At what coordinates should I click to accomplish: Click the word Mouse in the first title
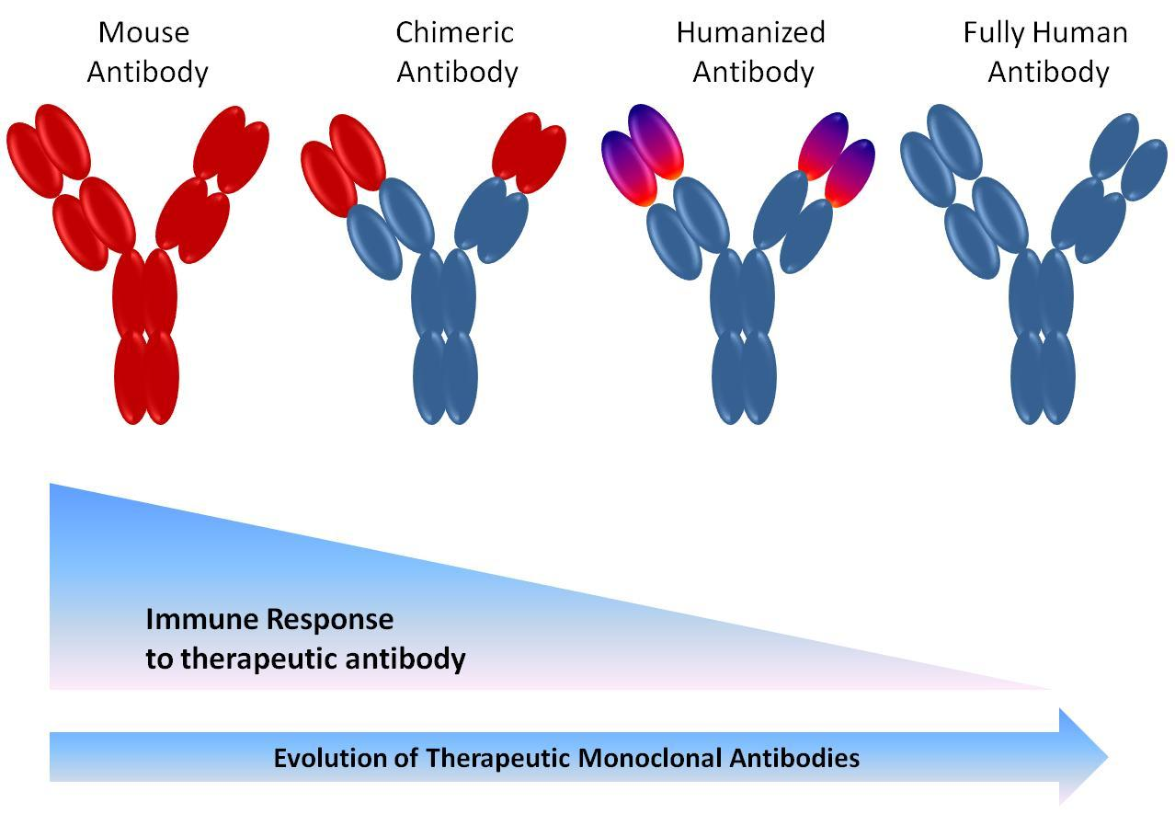[143, 32]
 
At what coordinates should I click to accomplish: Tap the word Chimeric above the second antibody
[454, 32]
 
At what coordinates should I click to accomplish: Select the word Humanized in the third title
[750, 32]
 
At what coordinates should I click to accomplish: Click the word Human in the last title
[1083, 32]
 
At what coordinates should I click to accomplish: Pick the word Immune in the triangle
[201, 619]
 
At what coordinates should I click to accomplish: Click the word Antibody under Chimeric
[457, 72]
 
